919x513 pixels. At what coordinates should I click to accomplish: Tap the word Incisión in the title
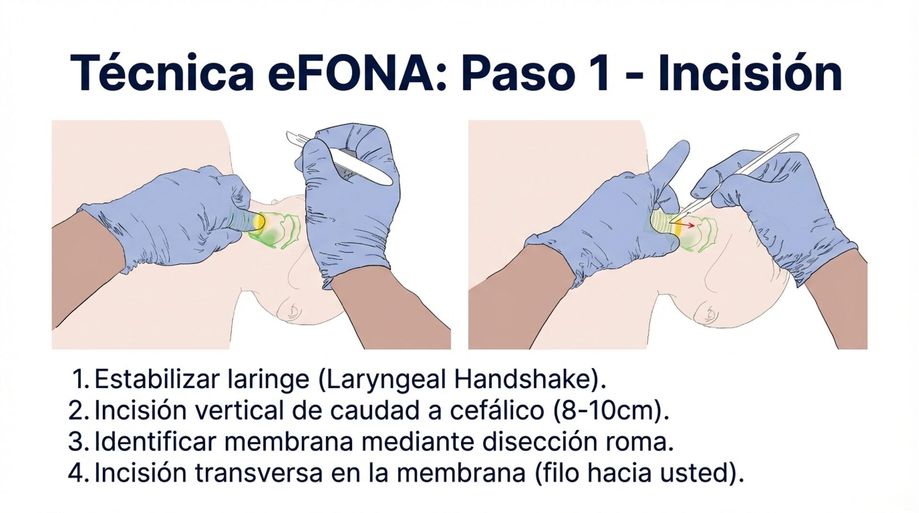(750, 73)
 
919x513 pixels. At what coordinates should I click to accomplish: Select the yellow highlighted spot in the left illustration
(259, 221)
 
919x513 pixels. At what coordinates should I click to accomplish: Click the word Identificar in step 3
(156, 442)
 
